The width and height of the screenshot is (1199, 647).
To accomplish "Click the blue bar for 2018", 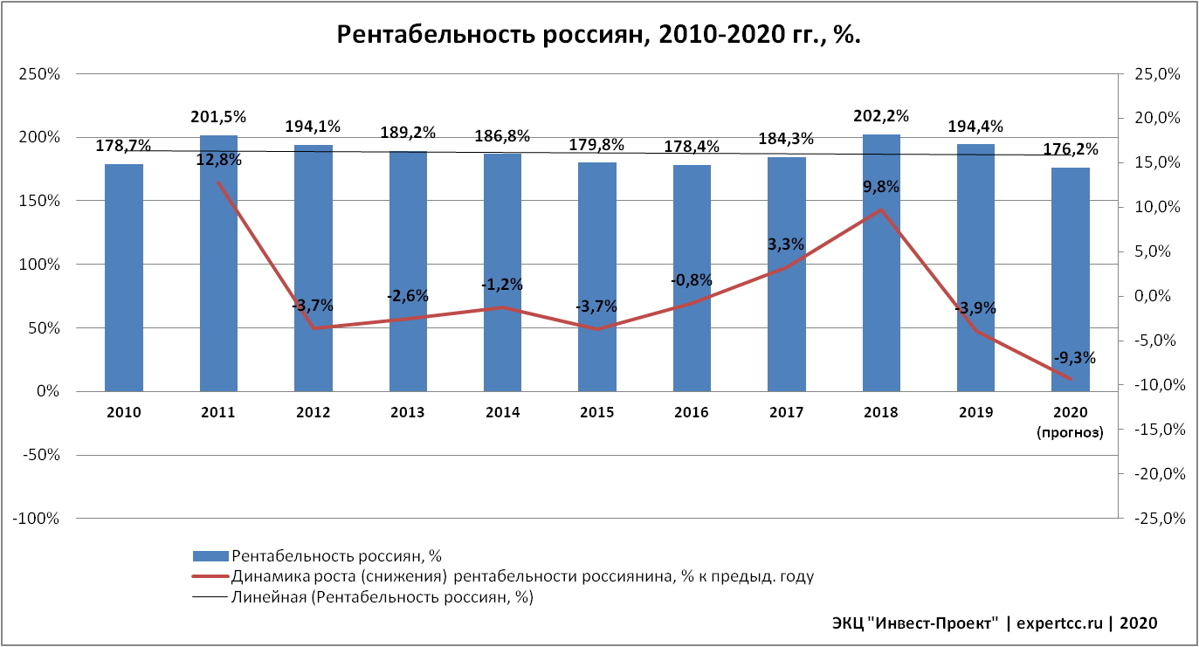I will (x=881, y=262).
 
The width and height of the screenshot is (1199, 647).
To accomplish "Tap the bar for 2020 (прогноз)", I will (x=1071, y=279).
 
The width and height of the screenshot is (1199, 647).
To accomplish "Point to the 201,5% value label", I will (x=218, y=117).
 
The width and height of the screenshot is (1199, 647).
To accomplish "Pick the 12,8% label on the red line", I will (x=218, y=160).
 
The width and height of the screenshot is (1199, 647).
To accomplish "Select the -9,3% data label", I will (x=1074, y=358).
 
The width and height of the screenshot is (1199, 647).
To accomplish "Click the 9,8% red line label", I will (x=881, y=187).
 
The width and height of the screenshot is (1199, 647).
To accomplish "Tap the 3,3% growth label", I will (x=786, y=244).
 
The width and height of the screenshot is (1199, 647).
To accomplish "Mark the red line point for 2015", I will (x=597, y=329).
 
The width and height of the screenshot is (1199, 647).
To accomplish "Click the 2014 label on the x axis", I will (x=502, y=412).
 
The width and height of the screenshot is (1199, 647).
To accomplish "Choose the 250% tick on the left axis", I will (x=39, y=74).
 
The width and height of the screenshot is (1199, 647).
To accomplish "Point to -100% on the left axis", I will (x=36, y=519).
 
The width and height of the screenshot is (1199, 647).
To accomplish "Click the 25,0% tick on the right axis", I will (x=1158, y=74).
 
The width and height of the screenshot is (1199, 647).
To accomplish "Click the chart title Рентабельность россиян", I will (x=599, y=35).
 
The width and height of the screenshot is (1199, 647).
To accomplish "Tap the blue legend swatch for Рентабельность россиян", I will (x=210, y=555).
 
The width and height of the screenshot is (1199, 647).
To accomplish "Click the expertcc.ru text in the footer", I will (x=1059, y=623).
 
